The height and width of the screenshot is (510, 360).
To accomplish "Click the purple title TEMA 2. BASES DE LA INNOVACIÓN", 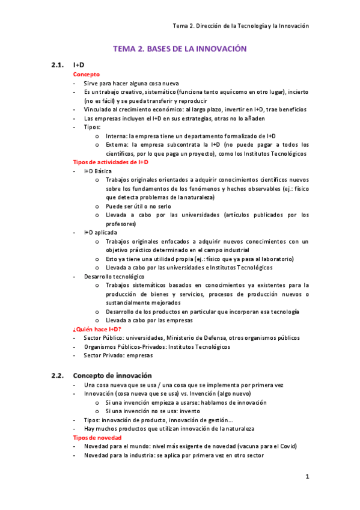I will pos(180,48).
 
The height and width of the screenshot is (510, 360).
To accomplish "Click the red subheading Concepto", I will pos(87,74).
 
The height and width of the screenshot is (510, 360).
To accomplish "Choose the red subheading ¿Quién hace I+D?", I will pos(97,329).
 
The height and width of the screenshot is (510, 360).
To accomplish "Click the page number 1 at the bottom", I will pos(307,477).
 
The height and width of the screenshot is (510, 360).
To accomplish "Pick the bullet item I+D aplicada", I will pos(100,232).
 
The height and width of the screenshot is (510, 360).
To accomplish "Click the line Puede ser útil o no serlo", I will pos(138,206).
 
